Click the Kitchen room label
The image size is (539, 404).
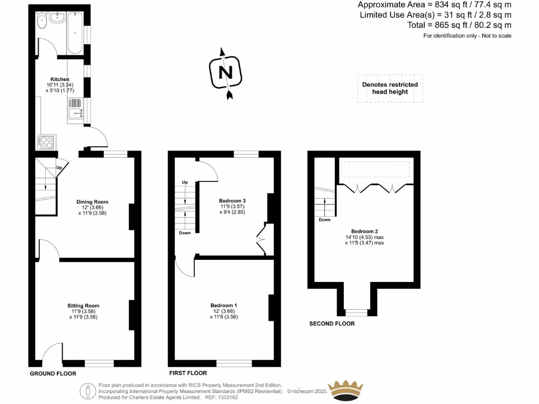coord(56,79)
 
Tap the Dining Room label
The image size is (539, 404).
coord(92,202)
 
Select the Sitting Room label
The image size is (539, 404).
coord(83,306)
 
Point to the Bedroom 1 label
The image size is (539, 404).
coord(224,306)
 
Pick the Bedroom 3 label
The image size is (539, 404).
coord(232,200)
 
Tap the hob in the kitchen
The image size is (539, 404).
coord(46,142)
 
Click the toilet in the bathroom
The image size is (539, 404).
coord(42,22)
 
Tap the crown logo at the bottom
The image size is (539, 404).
coord(346,390)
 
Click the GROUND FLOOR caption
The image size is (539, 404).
coord(53,373)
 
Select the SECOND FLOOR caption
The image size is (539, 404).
coord(332,324)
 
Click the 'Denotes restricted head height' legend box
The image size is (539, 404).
coord(390,88)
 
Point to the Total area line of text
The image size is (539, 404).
coord(459,25)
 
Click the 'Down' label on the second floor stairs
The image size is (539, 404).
coord(324,220)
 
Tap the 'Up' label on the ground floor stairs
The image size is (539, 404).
coord(59,168)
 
